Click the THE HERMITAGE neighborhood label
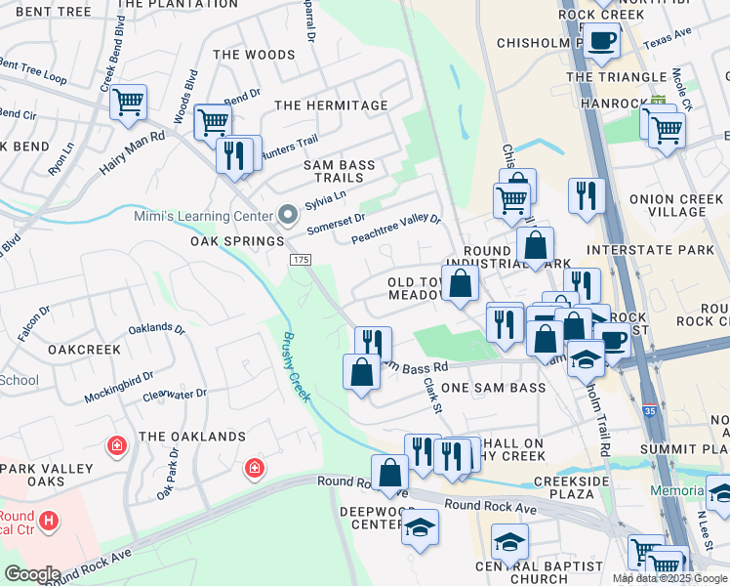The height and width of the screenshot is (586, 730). pos(331,105)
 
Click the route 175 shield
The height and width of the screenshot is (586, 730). pos(300,259)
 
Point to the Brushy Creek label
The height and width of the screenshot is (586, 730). pos(296,367)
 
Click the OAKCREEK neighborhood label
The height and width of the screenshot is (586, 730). pos(83,349)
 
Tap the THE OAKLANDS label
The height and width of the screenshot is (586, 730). pos(191,437)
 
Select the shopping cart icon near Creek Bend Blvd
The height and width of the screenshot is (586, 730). pos(129,102)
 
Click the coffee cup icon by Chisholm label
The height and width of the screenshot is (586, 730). pos(601,41)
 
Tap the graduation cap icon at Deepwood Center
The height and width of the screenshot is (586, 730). pos(421,526)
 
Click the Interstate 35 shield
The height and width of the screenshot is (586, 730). pos(649,409)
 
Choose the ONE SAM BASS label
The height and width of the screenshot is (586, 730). pos(493,389)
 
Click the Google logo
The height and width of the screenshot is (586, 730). pos(32,574)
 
